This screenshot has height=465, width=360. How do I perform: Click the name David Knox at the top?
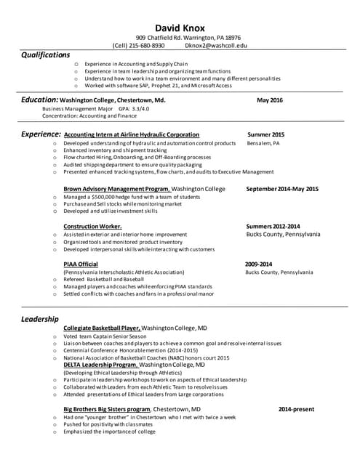[180, 28]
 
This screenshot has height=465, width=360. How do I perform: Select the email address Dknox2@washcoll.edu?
[216, 45]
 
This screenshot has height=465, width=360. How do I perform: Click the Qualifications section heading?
[45, 54]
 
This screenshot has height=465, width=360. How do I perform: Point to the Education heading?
[39, 100]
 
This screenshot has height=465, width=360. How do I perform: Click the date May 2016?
[270, 100]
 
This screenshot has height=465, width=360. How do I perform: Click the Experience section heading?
[40, 134]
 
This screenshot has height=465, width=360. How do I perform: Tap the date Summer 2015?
[265, 135]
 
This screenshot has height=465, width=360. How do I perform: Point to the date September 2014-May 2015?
[282, 189]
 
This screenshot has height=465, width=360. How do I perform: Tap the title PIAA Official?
[80, 264]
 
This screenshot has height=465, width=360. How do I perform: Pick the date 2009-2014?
[258, 264]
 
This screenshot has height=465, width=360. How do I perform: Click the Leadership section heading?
[39, 319]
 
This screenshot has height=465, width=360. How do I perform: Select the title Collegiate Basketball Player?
[101, 328]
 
